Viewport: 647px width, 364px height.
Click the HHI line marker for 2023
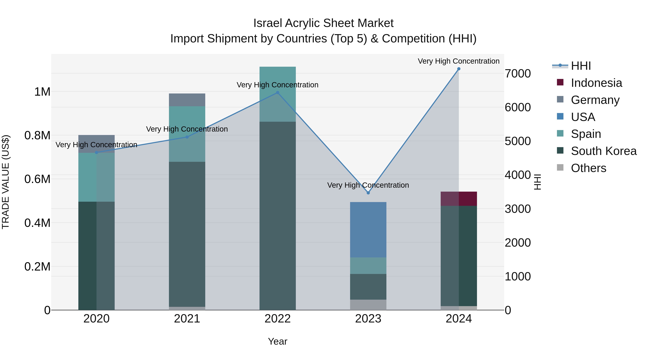pos(368,193)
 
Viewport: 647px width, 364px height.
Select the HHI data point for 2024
pos(459,69)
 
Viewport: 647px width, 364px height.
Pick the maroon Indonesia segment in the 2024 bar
pos(459,199)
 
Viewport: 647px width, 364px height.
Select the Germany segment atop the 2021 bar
pos(187,100)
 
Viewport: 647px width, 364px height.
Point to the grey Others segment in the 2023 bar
pos(368,305)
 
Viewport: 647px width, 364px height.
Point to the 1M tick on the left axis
pos(42,92)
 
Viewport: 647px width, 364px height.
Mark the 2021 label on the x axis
pos(187,319)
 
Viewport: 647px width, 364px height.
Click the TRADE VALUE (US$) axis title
pos(6,182)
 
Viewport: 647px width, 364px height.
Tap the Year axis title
pos(277,341)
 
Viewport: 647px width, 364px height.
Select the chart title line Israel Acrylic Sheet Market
pos(323,23)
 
